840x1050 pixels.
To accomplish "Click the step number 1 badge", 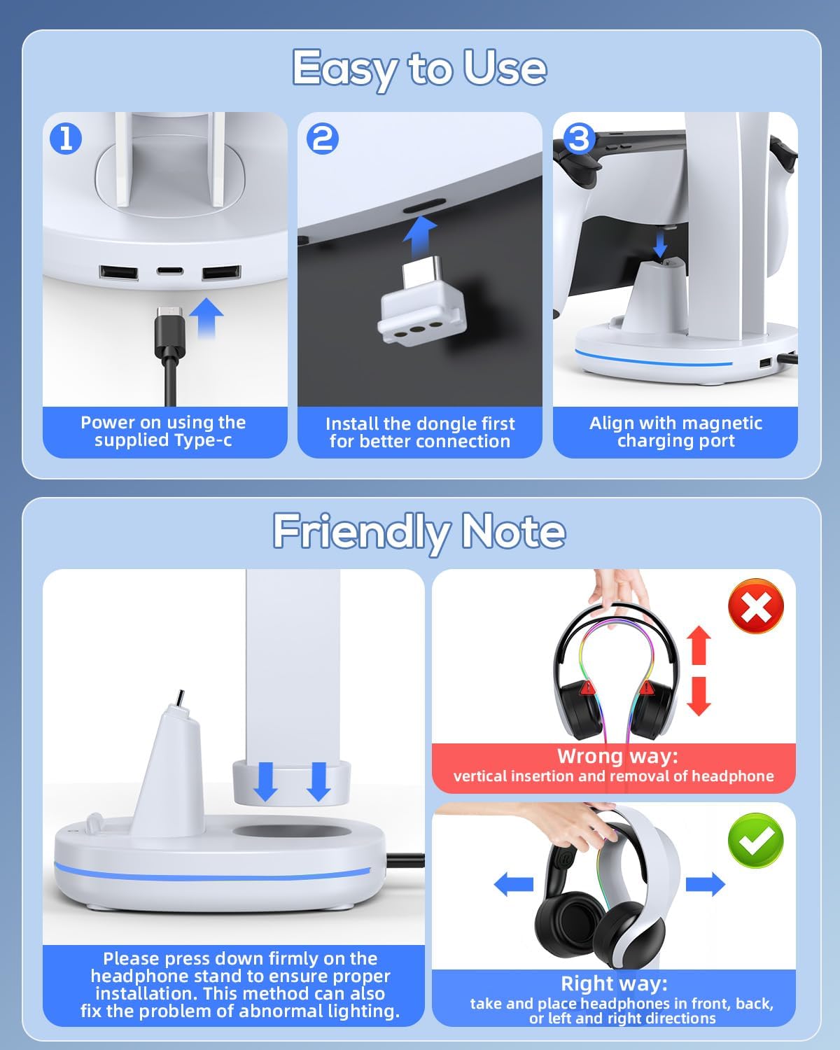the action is coord(66,139).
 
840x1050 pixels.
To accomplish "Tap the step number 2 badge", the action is coord(322,139).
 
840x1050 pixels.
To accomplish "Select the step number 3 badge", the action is coord(580,139).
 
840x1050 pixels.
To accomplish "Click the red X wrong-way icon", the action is coord(755,606).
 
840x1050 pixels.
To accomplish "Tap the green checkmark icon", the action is coord(755,840).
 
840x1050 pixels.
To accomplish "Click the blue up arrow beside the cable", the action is coord(206,318).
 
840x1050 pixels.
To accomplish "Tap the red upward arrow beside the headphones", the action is coord(699,645).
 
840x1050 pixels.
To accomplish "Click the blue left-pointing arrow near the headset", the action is coord(514,884).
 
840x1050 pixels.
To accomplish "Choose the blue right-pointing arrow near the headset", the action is coord(706,884).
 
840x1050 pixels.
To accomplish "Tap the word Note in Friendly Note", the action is coord(514,531).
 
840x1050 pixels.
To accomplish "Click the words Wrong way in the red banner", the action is coord(617,756).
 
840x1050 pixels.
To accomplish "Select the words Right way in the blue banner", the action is coord(614,983).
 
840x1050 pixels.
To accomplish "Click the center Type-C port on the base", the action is coord(170,271).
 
